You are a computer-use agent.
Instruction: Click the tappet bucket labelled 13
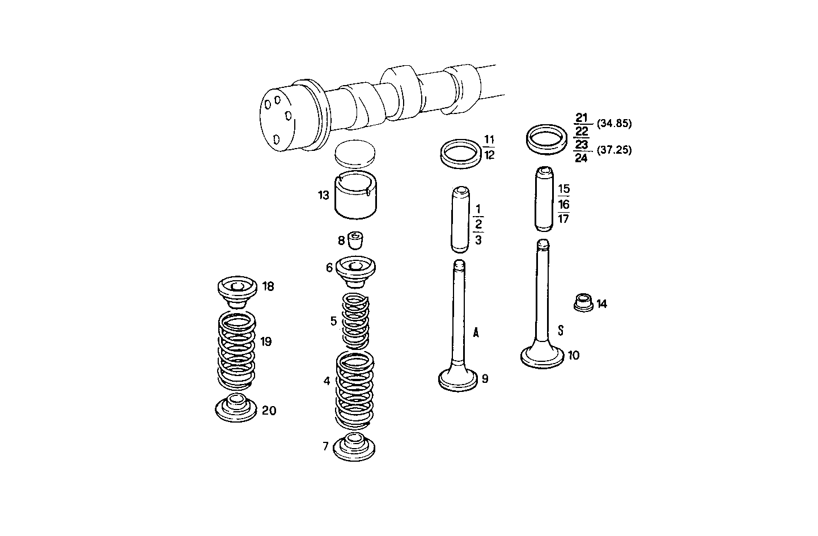pyautogui.click(x=355, y=196)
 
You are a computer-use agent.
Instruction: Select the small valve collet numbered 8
pyautogui.click(x=355, y=240)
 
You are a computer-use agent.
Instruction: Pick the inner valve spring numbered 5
pyautogui.click(x=355, y=321)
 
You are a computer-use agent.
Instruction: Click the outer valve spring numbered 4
pyautogui.click(x=355, y=389)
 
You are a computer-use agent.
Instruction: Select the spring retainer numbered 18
pyautogui.click(x=238, y=290)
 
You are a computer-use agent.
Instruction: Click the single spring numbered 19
pyautogui.click(x=237, y=349)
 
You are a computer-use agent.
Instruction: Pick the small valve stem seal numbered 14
pyautogui.click(x=583, y=302)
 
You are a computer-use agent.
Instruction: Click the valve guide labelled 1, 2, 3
pyautogui.click(x=460, y=220)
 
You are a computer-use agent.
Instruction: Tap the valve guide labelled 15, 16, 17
pyautogui.click(x=544, y=199)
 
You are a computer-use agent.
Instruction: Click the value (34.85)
pyautogui.click(x=614, y=123)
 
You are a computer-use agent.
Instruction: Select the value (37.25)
pyautogui.click(x=614, y=150)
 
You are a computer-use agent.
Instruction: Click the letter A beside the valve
pyautogui.click(x=476, y=333)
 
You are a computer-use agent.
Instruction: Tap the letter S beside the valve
pyautogui.click(x=561, y=330)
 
